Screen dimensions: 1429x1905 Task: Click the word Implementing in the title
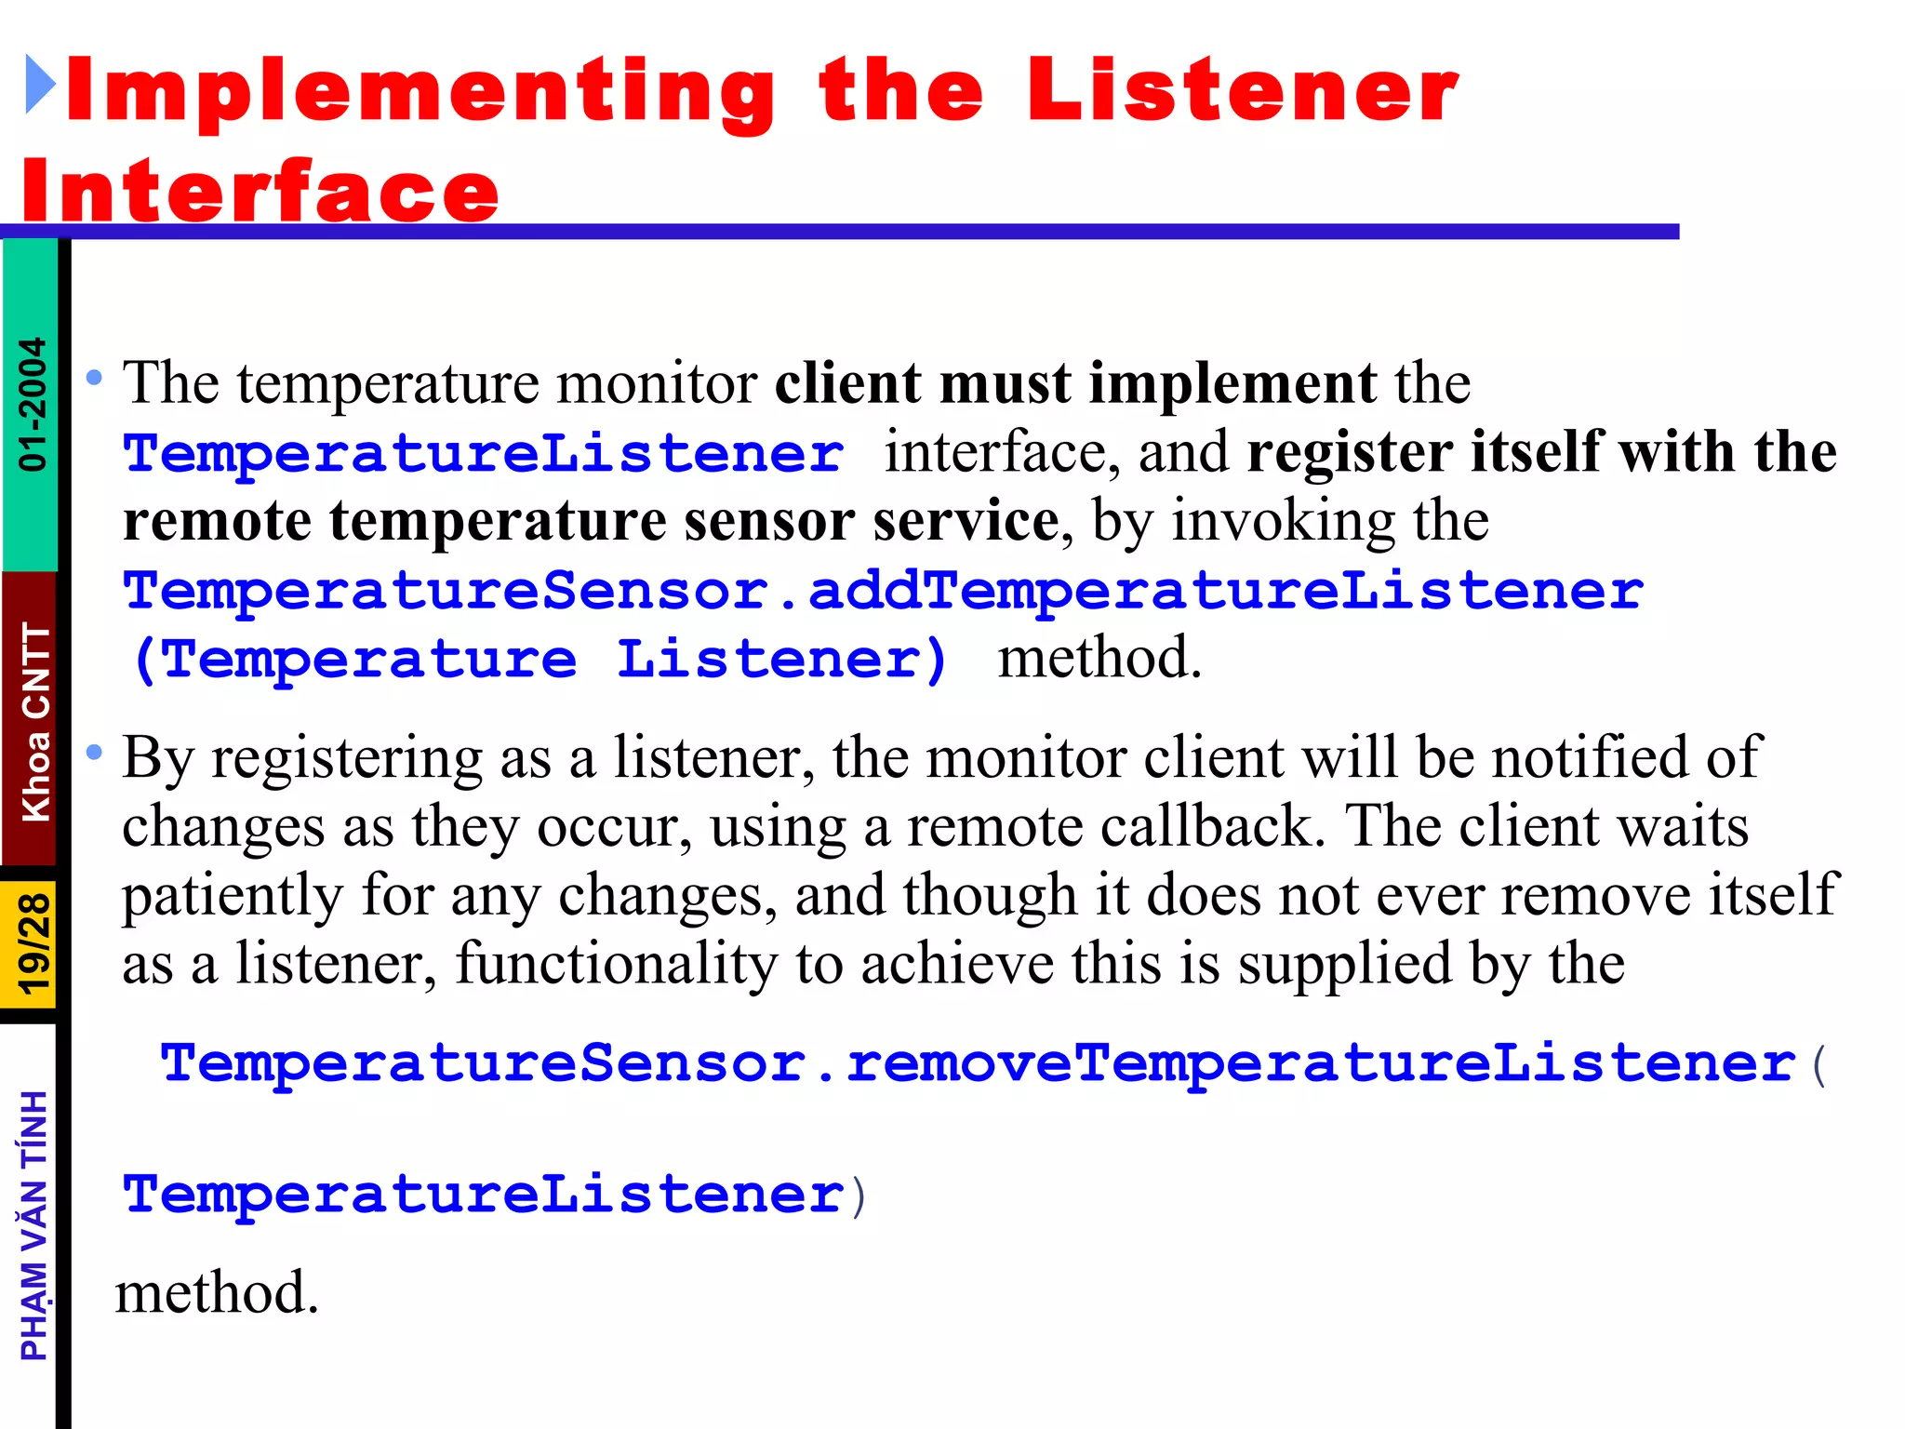(420, 91)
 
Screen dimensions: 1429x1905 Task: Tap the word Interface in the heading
(260, 192)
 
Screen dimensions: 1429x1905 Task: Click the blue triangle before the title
(40, 85)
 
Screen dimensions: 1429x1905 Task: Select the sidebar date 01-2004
(32, 404)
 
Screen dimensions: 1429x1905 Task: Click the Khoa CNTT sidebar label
(34, 722)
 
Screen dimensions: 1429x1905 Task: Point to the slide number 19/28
(33, 943)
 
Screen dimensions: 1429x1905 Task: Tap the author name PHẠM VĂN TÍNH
(34, 1225)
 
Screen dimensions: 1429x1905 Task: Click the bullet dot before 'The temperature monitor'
(94, 378)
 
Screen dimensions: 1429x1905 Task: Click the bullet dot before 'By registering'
(94, 752)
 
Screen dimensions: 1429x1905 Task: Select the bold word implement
(1232, 383)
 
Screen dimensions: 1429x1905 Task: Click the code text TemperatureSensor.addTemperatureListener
(884, 591)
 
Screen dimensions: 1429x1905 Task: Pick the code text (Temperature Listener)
(540, 660)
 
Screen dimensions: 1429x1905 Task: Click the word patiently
(233, 896)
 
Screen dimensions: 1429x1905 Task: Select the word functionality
(617, 963)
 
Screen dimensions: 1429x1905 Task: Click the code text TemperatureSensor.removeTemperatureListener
(977, 1062)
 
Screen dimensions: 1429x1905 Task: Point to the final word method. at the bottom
(217, 1292)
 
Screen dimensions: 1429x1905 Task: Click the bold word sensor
(769, 521)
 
